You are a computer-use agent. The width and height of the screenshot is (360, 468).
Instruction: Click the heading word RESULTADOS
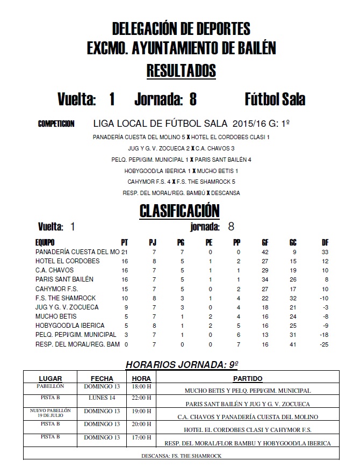181,71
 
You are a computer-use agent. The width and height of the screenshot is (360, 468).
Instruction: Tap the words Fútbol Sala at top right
275,99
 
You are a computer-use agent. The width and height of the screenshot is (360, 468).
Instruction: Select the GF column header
265,242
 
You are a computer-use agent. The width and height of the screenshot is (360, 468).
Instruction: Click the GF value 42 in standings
265,252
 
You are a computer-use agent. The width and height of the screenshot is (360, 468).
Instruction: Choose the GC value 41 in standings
293,344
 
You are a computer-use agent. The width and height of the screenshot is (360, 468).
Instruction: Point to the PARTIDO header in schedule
248,378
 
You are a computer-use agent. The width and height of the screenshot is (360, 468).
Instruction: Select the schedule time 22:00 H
142,398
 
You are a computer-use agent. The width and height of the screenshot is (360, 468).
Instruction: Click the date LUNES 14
102,398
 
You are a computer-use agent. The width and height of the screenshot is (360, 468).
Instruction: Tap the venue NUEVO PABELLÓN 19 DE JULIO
51,413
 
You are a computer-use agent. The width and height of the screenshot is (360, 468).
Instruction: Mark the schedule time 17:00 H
142,437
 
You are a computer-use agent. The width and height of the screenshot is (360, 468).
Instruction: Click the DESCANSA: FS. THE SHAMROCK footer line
182,456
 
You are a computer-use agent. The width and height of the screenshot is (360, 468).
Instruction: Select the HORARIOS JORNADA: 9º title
182,365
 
